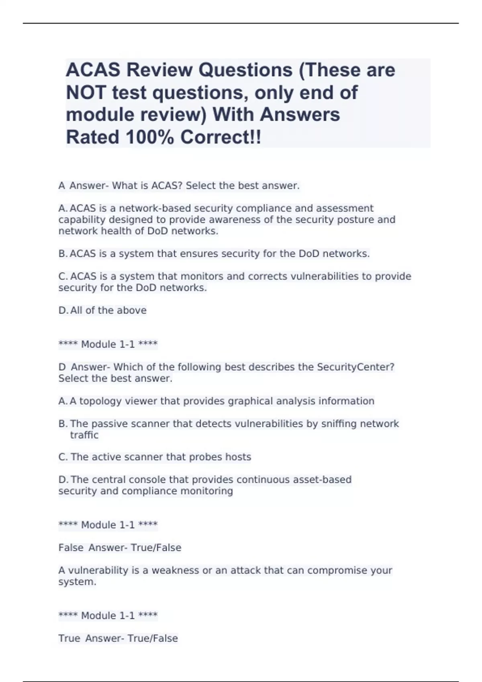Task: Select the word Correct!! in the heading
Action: click(x=221, y=138)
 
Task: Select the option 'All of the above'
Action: click(x=108, y=311)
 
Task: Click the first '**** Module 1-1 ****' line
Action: click(x=108, y=344)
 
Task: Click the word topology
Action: click(x=100, y=401)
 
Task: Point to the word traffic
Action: click(x=84, y=435)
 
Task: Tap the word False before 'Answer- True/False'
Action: click(x=71, y=548)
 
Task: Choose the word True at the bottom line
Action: click(x=69, y=639)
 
